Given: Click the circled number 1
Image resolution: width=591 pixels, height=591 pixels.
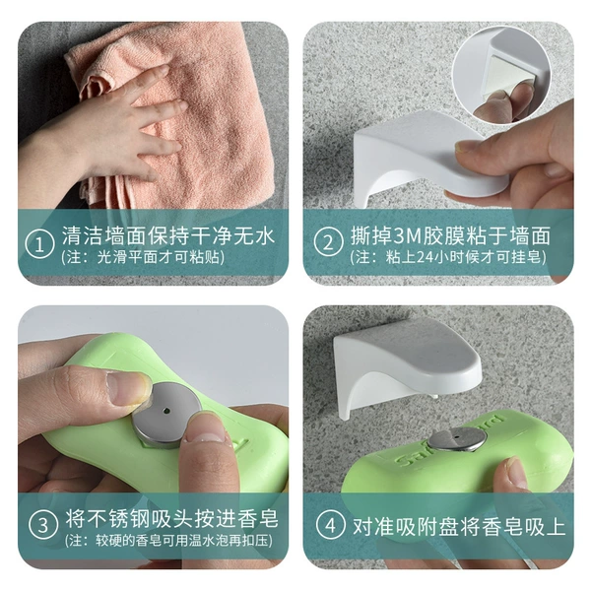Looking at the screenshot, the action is click(39, 245).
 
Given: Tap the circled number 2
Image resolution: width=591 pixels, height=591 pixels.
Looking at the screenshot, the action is click(328, 242).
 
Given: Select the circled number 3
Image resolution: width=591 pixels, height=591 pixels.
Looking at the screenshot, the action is click(43, 525).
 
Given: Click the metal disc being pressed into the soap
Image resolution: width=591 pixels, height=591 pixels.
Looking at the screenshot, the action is click(166, 414).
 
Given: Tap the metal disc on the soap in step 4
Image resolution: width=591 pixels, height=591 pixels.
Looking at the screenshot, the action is click(457, 439).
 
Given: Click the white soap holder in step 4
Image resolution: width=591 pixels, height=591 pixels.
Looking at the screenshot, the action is click(406, 366).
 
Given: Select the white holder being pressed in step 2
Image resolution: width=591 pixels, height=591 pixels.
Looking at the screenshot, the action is click(426, 155).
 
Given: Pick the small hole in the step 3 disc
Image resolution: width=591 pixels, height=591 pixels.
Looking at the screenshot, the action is click(165, 411).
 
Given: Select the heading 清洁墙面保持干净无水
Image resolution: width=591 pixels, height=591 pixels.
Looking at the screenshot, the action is click(168, 235).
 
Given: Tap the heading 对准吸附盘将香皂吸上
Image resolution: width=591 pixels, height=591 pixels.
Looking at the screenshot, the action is click(459, 526).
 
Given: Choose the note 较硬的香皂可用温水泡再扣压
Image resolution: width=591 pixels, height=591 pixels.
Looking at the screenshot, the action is click(180, 540).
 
